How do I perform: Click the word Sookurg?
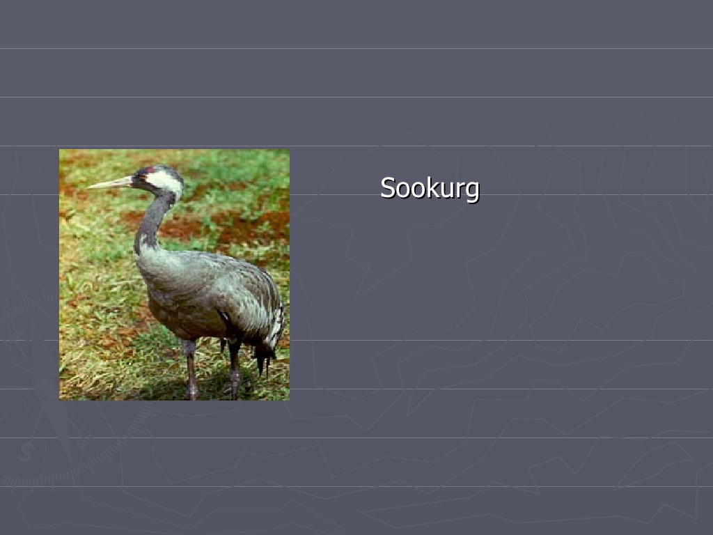click(430, 188)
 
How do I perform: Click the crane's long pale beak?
click(110, 183)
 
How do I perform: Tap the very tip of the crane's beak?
click(87, 187)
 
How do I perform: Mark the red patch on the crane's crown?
click(151, 170)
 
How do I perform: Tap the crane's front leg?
click(191, 369)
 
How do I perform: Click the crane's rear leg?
click(234, 369)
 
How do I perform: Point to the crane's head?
click(159, 180)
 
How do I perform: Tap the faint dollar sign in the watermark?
click(26, 452)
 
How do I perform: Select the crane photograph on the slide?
click(174, 274)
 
